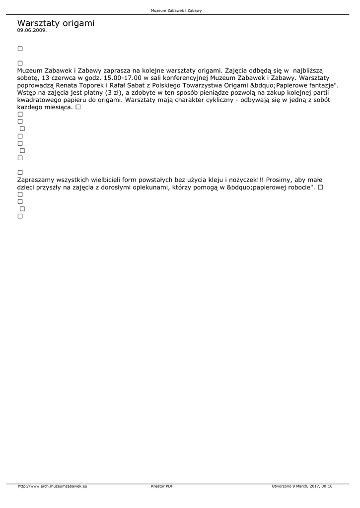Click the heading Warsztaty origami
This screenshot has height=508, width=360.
(x=56, y=23)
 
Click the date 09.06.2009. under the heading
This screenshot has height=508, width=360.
(x=32, y=30)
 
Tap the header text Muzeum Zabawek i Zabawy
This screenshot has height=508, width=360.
(x=176, y=10)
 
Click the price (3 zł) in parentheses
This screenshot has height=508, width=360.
(x=114, y=93)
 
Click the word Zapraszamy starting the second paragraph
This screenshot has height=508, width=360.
(x=36, y=180)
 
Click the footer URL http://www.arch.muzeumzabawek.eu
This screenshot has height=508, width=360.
(x=53, y=487)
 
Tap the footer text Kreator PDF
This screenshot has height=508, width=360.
(x=162, y=487)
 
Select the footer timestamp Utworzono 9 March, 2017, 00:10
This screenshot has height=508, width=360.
(x=302, y=487)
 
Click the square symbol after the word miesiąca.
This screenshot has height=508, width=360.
(x=78, y=107)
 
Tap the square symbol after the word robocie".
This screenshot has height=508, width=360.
(x=320, y=187)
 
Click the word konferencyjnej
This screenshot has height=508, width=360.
(x=183, y=78)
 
